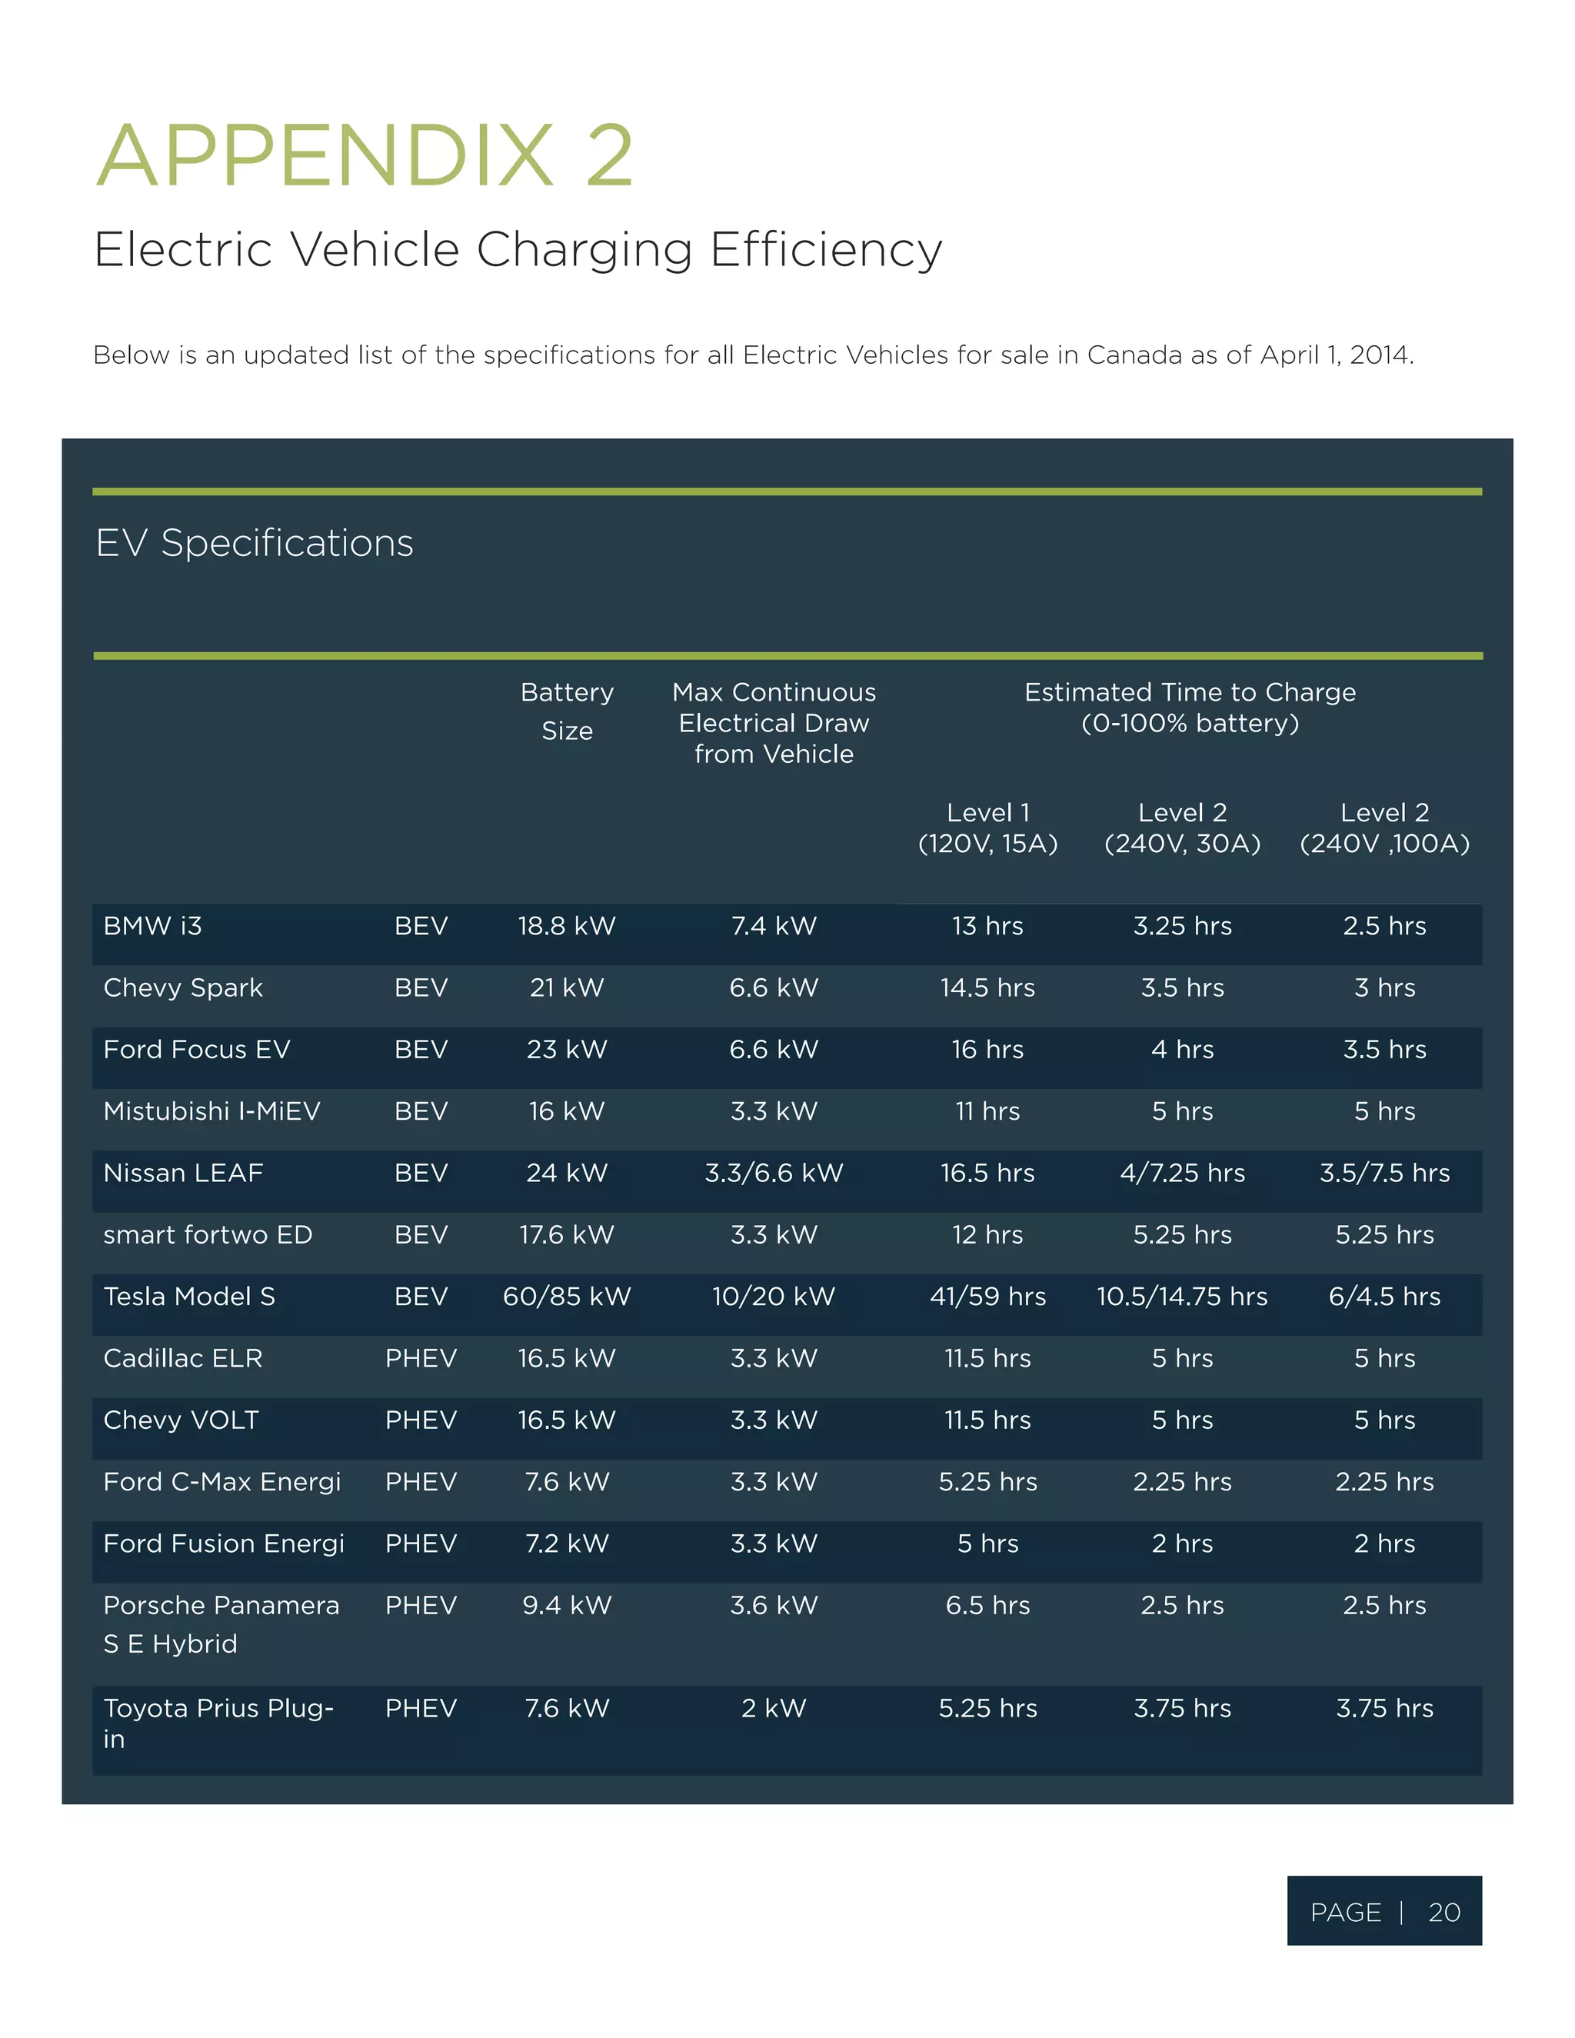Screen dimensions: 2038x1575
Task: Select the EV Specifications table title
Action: tap(254, 543)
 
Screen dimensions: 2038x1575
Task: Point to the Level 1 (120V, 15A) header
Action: tap(987, 828)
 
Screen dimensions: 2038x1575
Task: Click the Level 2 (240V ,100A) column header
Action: tap(1384, 828)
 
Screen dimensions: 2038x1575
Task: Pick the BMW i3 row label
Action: tap(152, 926)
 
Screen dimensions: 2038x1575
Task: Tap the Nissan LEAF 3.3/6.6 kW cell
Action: tap(774, 1173)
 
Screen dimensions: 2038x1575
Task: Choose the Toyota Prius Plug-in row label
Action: tap(218, 1723)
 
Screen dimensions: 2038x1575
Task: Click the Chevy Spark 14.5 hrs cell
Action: tap(987, 987)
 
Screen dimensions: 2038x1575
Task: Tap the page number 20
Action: tap(1443, 1913)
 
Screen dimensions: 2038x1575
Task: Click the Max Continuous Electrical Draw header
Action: tap(774, 723)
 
